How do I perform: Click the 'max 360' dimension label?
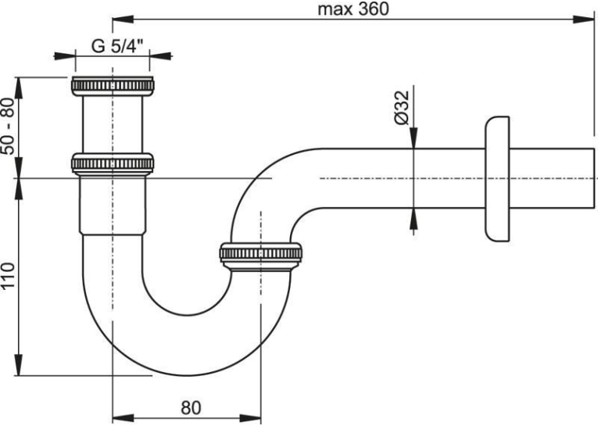(x=353, y=9)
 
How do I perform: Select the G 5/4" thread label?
(x=117, y=47)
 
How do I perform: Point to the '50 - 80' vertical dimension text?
(x=9, y=126)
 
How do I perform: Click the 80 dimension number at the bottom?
(x=191, y=408)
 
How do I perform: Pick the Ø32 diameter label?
(x=401, y=108)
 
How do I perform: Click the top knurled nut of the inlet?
(x=113, y=86)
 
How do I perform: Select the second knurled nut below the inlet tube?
(x=113, y=163)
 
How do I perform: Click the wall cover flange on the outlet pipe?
(x=497, y=178)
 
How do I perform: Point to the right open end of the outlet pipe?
(x=594, y=178)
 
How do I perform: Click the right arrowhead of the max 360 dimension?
(x=584, y=20)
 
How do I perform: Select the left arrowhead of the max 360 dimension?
(x=123, y=20)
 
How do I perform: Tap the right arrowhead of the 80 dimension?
(x=250, y=417)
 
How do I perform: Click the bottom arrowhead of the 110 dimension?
(x=18, y=364)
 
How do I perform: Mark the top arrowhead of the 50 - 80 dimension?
(x=18, y=88)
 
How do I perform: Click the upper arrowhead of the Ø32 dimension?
(x=414, y=138)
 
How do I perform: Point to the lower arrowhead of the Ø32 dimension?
(x=414, y=220)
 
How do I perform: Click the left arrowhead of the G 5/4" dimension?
(x=64, y=56)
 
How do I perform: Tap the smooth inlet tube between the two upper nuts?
(x=113, y=124)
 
